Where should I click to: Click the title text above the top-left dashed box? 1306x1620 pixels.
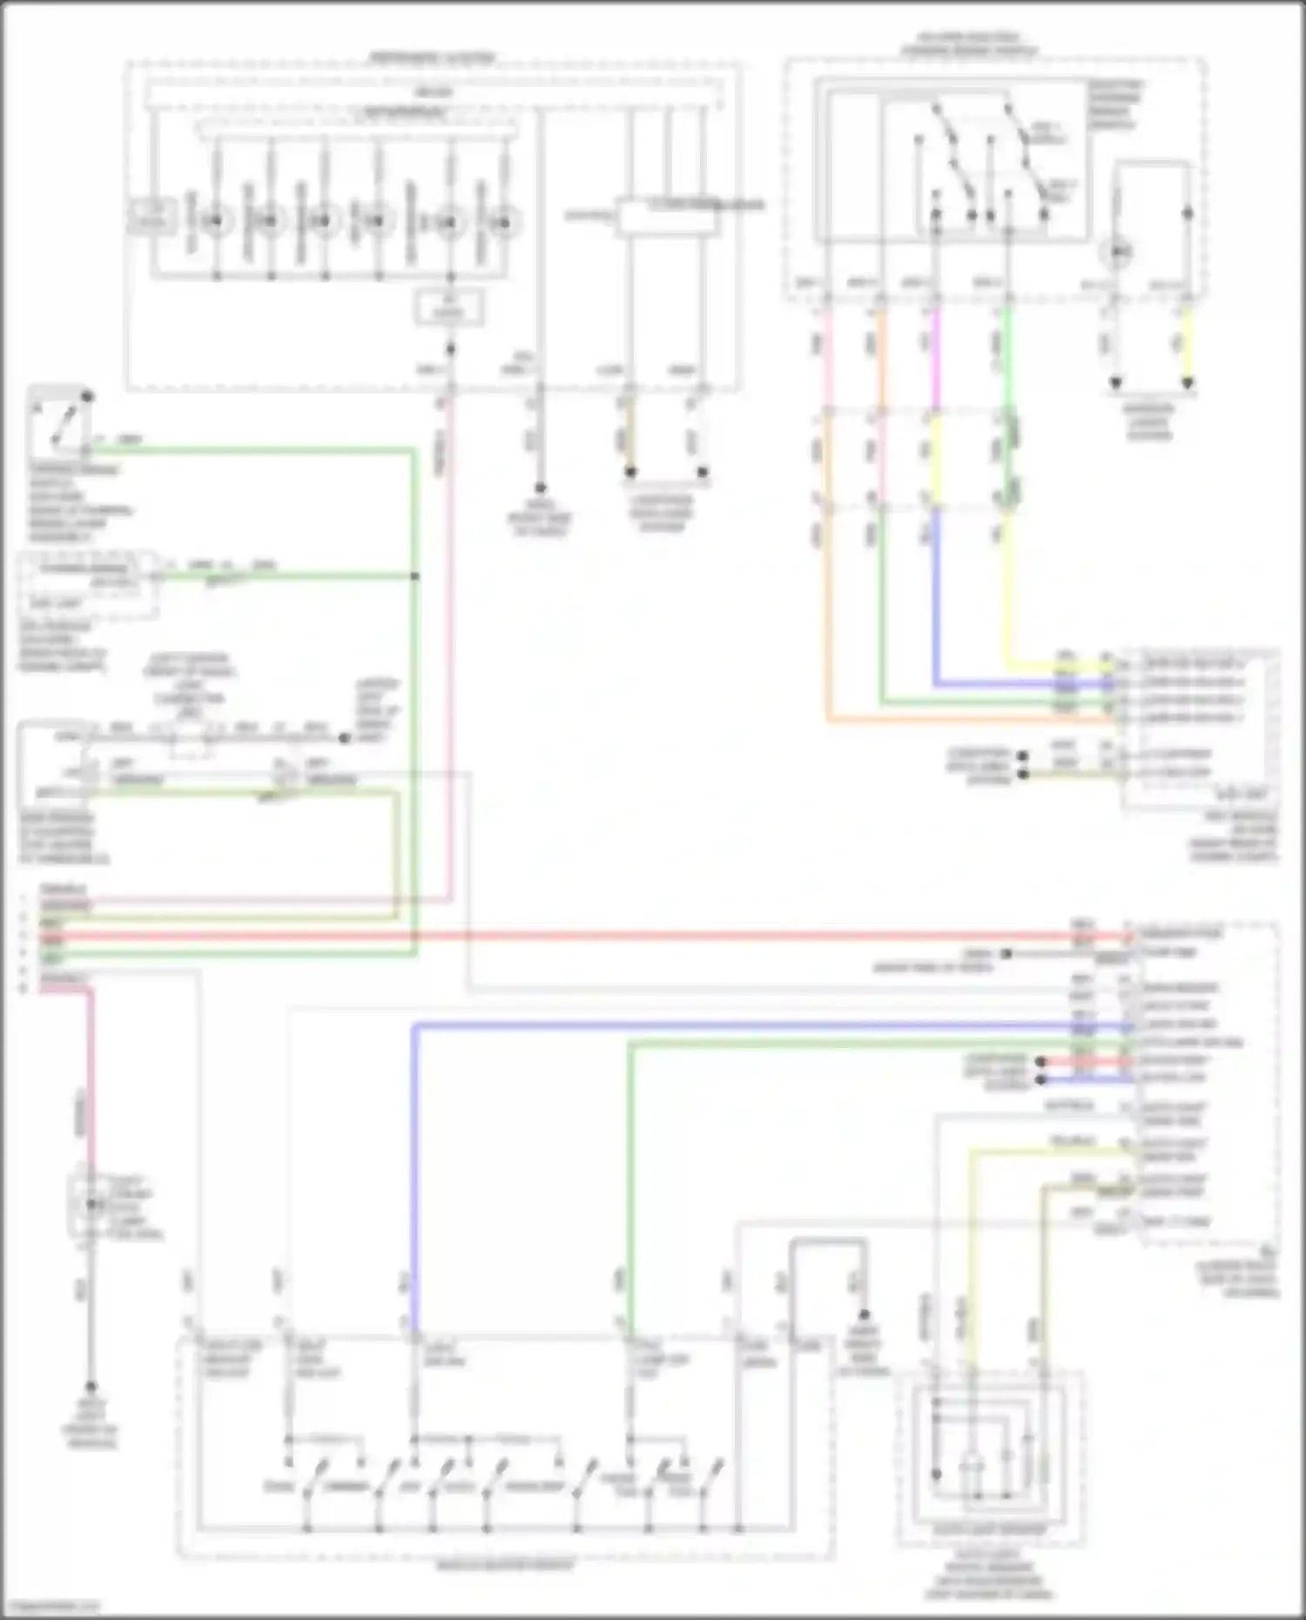coord(433,57)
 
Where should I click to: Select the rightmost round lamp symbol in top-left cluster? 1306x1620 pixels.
coord(503,223)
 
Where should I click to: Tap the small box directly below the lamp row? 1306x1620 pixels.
coord(449,308)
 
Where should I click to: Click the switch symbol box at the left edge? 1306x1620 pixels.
coord(59,420)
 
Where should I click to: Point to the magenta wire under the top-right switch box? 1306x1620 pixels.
coord(936,357)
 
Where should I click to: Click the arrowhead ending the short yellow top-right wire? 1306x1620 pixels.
coord(1188,383)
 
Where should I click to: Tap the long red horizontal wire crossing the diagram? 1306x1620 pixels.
coord(609,937)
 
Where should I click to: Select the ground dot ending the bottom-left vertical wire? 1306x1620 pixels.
coord(90,1387)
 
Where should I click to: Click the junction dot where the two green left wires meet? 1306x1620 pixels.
coord(414,576)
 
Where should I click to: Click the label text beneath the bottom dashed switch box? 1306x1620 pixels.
coord(505,1564)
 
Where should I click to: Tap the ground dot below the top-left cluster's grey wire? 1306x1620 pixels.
coord(540,488)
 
